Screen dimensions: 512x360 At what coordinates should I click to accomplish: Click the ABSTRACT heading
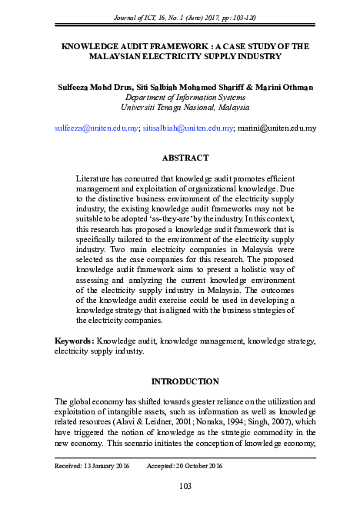pyautogui.click(x=185, y=158)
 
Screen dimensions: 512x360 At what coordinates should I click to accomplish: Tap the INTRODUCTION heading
pyautogui.click(x=185, y=381)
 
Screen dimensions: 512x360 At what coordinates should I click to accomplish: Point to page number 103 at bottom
pyautogui.click(x=185, y=485)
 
